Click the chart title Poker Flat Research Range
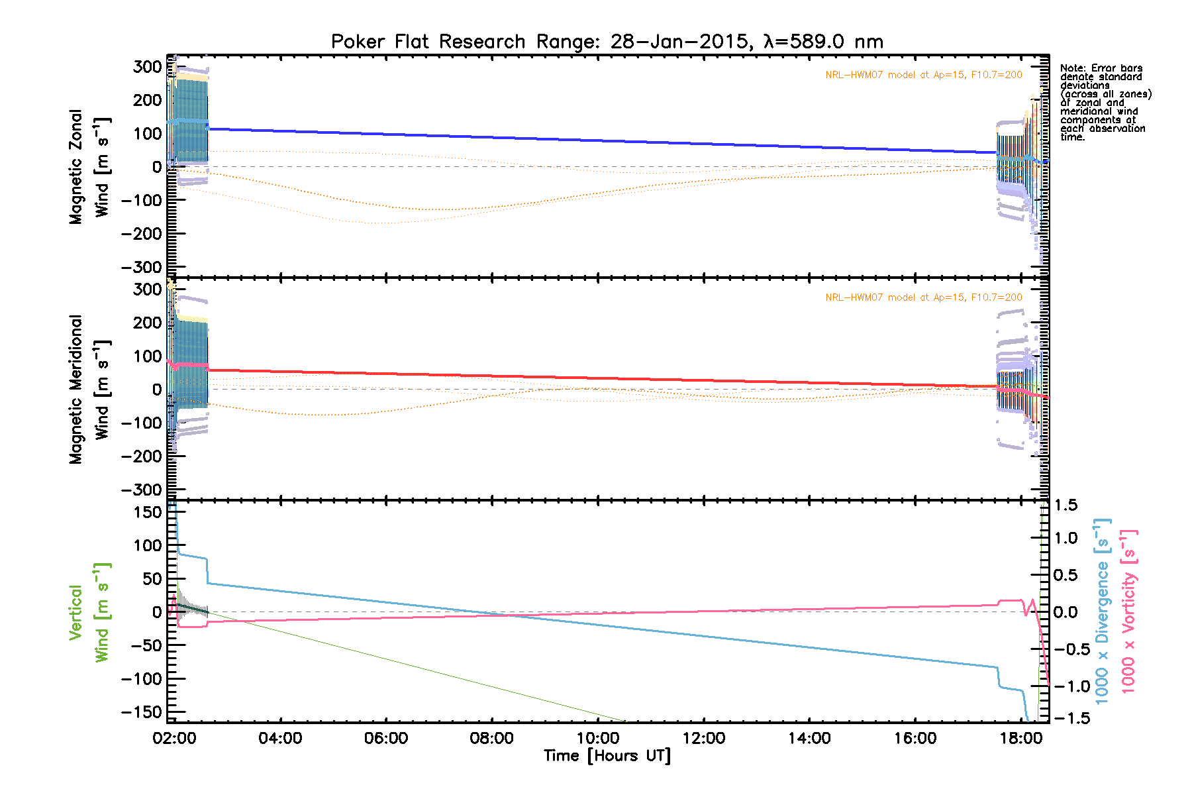coord(607,42)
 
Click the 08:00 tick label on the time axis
coord(491,739)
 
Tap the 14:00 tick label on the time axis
coord(809,739)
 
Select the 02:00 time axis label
coord(174,739)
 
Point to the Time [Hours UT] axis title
coord(607,756)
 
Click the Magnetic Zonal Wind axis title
coord(89,167)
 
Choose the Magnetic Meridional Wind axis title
coord(89,389)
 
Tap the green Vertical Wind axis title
coord(89,612)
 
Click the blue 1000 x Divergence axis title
coord(1102,609)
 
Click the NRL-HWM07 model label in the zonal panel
coord(923,75)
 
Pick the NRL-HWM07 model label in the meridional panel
coord(923,297)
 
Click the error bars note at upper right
coord(1105,103)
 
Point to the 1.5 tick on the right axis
coord(1066,505)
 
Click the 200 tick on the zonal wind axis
coord(147,100)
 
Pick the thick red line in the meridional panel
coord(596,378)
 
